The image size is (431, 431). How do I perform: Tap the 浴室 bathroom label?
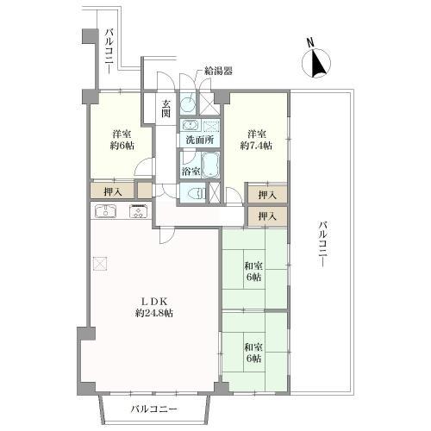tap(191, 171)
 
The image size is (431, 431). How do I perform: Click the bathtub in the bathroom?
tap(210, 164)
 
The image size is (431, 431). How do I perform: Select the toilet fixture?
tap(197, 195)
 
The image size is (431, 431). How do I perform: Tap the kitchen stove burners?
tap(138, 212)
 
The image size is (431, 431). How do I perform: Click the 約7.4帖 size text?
tap(256, 147)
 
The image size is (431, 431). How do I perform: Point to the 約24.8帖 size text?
tap(153, 314)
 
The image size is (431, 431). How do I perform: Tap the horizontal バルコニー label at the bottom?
tap(154, 408)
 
